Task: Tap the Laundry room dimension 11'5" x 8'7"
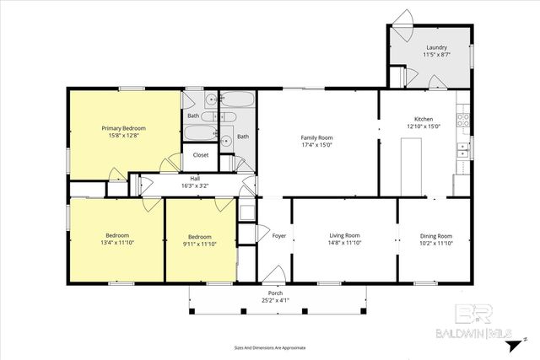point(435,55)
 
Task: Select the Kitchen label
point(423,119)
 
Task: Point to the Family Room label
point(317,137)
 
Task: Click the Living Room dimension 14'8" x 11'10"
point(343,243)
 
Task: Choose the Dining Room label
point(436,235)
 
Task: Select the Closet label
point(201,155)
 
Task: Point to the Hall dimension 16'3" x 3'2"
point(195,185)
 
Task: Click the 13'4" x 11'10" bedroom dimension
point(116,243)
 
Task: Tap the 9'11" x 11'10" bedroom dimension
point(200,244)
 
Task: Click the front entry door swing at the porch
point(273,274)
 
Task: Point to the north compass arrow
point(526,335)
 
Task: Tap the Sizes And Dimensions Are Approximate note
point(269,347)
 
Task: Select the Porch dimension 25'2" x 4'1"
point(274,299)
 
